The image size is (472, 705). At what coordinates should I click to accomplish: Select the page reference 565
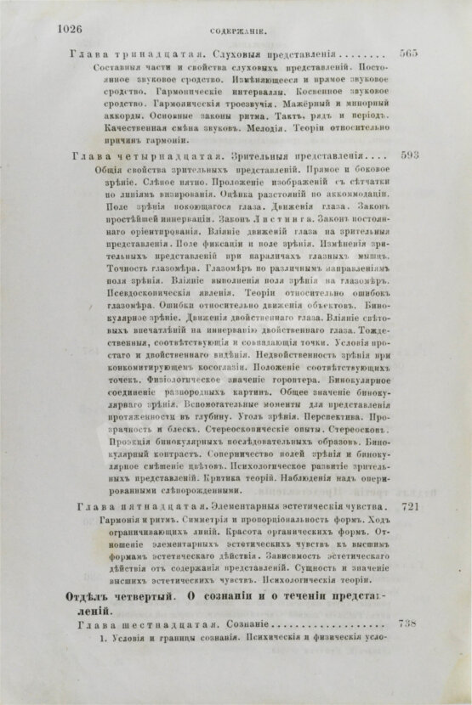pyautogui.click(x=408, y=53)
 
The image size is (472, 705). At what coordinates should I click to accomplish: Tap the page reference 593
pyautogui.click(x=409, y=156)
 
